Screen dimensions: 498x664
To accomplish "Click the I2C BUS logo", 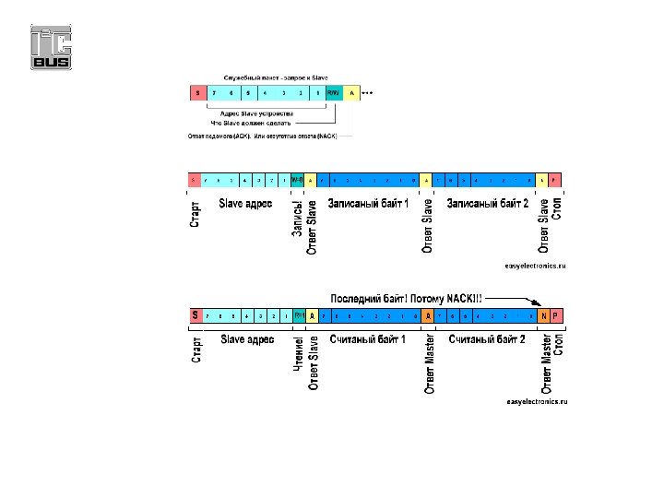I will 52,47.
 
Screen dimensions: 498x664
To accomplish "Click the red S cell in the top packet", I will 197,93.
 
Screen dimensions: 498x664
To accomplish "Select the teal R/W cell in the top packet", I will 334,93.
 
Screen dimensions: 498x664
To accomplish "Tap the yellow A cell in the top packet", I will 351,93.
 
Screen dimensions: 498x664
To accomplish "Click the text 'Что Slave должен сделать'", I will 251,123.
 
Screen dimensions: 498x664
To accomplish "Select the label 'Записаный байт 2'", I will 487,203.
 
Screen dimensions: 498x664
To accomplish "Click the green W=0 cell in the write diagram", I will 297,179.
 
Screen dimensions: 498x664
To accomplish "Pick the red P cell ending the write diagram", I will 555,179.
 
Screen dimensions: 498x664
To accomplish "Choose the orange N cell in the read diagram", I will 544,316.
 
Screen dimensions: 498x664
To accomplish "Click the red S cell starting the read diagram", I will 195,316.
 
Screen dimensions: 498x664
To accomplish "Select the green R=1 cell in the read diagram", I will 300,316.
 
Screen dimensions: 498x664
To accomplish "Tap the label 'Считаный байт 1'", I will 367,339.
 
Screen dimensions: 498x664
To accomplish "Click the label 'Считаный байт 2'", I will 487,339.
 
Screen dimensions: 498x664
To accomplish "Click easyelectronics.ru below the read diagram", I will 536,402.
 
